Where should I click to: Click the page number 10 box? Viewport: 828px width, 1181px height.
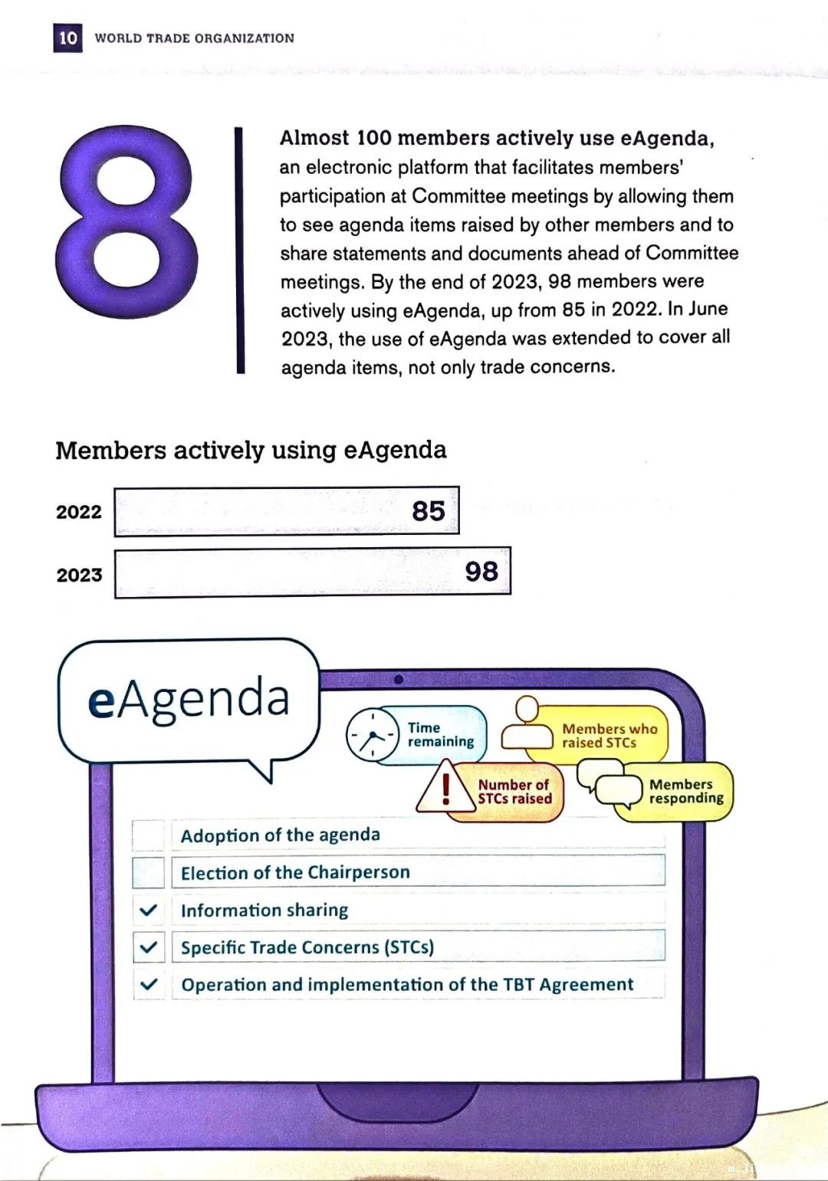(67, 38)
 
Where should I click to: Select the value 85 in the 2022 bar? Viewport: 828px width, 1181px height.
(428, 510)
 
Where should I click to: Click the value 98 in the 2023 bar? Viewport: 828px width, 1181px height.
(481, 571)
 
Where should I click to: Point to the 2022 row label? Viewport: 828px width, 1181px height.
(78, 512)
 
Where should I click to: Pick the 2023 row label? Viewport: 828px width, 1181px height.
(79, 575)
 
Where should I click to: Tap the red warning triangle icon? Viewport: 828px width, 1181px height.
(445, 788)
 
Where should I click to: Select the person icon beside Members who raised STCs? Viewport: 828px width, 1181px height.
(527, 724)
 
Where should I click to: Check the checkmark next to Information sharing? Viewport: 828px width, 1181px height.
(149, 910)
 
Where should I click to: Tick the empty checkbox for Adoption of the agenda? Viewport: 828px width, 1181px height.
(149, 835)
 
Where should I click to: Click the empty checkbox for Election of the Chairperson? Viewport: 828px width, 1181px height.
(149, 872)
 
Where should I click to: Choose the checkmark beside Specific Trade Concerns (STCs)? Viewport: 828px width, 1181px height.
(149, 947)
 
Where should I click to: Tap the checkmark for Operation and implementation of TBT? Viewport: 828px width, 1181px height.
(149, 984)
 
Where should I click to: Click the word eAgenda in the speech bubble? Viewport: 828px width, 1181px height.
(189, 699)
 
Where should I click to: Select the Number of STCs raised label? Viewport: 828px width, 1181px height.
(514, 792)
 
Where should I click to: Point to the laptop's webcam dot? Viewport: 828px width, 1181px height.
(398, 679)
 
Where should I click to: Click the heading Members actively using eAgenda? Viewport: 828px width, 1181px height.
(251, 450)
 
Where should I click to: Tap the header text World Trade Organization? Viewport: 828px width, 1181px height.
(194, 38)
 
